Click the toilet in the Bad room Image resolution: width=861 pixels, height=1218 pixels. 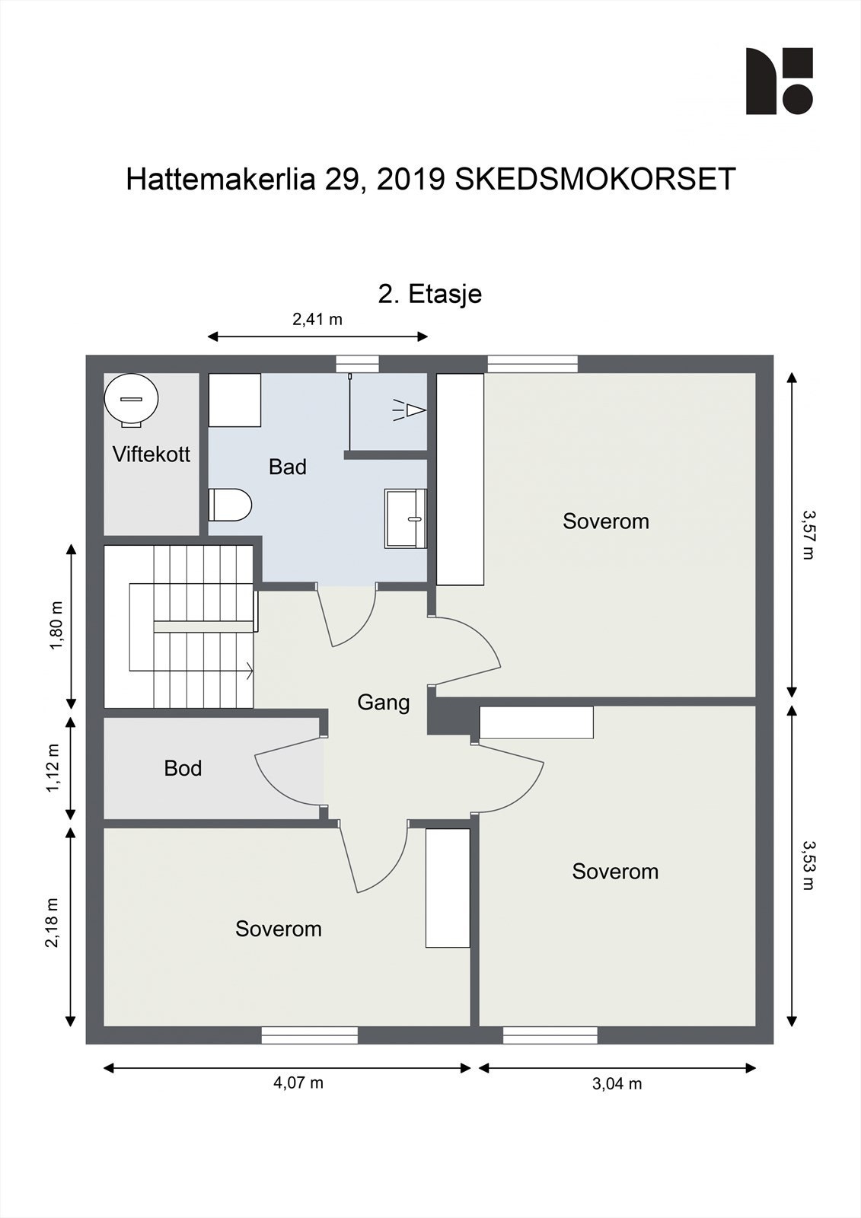click(x=231, y=505)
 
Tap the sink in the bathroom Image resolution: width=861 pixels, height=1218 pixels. click(x=405, y=518)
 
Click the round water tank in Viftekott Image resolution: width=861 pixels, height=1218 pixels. click(x=132, y=398)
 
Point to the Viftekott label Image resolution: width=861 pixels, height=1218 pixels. click(x=151, y=454)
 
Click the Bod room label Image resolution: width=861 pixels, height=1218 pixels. click(x=183, y=768)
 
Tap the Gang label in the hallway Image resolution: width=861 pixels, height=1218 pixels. click(x=384, y=702)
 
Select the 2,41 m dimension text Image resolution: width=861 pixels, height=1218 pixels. click(x=317, y=319)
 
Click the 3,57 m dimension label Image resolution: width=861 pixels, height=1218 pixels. click(x=808, y=534)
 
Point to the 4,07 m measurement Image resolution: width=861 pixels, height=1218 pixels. click(x=298, y=1082)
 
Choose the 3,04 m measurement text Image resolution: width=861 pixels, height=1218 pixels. click(x=617, y=1083)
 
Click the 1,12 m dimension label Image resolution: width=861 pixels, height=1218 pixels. click(x=53, y=767)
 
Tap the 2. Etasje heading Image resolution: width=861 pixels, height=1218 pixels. click(x=430, y=293)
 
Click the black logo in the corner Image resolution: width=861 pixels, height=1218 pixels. click(x=779, y=81)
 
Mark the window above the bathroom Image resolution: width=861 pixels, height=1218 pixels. click(x=358, y=364)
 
